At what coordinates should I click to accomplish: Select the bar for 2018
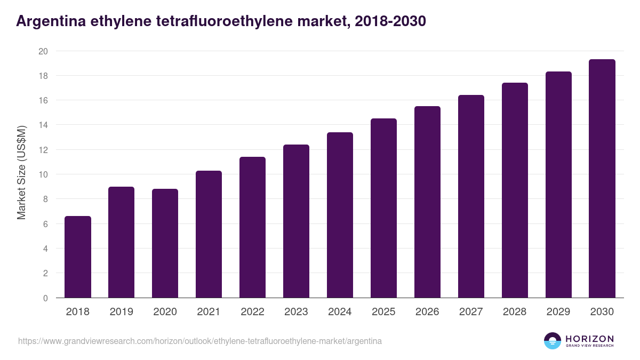pos(78,257)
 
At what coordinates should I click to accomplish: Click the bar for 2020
pos(165,243)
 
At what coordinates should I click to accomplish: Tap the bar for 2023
pos(296,221)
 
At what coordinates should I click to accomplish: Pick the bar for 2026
pos(427,202)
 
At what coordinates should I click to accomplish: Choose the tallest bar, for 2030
pos(602,179)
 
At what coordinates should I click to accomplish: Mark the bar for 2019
pos(122,242)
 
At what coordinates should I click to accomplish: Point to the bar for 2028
pos(515,190)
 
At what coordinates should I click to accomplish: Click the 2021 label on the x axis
pos(209,312)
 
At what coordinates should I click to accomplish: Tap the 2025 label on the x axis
pos(383,312)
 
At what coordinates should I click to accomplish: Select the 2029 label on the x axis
pos(558,312)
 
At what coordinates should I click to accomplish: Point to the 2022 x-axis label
pos(252,312)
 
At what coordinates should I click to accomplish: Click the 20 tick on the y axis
pos(43,51)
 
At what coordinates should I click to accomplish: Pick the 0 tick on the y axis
pos(45,298)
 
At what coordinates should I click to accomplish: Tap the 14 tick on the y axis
pos(43,125)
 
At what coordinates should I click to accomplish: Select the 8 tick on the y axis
pos(45,199)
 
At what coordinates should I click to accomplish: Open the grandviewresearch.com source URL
pos(200,341)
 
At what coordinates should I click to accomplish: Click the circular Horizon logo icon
pos(552,341)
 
